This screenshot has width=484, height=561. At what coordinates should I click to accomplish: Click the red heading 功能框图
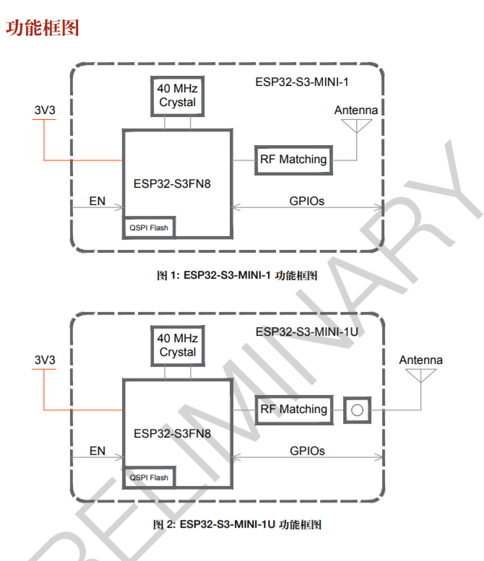pyautogui.click(x=42, y=28)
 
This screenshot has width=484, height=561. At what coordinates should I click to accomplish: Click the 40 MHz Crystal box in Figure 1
pyautogui.click(x=178, y=96)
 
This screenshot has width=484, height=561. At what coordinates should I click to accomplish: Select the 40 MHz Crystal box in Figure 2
pyautogui.click(x=178, y=346)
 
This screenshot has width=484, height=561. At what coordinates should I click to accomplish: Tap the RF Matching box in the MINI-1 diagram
pyautogui.click(x=293, y=160)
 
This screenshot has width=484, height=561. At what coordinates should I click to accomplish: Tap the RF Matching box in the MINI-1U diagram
pyautogui.click(x=293, y=410)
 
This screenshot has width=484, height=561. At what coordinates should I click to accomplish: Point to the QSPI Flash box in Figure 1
pyautogui.click(x=149, y=227)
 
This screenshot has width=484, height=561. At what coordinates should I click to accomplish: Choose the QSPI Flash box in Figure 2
pyautogui.click(x=149, y=477)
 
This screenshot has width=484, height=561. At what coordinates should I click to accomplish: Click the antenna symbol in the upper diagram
pyautogui.click(x=357, y=126)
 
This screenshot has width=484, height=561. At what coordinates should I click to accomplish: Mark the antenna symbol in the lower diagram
pyautogui.click(x=420, y=375)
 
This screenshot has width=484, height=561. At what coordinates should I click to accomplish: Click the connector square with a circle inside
pyautogui.click(x=358, y=410)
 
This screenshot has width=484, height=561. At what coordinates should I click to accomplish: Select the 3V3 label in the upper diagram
pyautogui.click(x=45, y=110)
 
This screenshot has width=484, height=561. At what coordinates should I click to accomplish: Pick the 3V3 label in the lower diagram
pyautogui.click(x=45, y=360)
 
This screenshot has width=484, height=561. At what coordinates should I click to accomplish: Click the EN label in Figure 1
pyautogui.click(x=98, y=201)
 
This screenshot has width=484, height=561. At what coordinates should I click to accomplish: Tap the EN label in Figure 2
pyautogui.click(x=98, y=451)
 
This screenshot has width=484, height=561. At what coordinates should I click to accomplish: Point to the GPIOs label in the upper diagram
pyautogui.click(x=307, y=201)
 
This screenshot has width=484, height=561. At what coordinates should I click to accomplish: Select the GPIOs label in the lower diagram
pyautogui.click(x=307, y=451)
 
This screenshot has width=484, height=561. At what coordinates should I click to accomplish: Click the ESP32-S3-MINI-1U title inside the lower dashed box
pyautogui.click(x=307, y=332)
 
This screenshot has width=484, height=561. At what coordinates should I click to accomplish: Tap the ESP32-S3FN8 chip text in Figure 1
pyautogui.click(x=172, y=184)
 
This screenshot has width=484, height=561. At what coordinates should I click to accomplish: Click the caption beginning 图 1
pyautogui.click(x=237, y=275)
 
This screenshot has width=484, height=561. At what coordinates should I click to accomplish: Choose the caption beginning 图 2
pyautogui.click(x=237, y=524)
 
